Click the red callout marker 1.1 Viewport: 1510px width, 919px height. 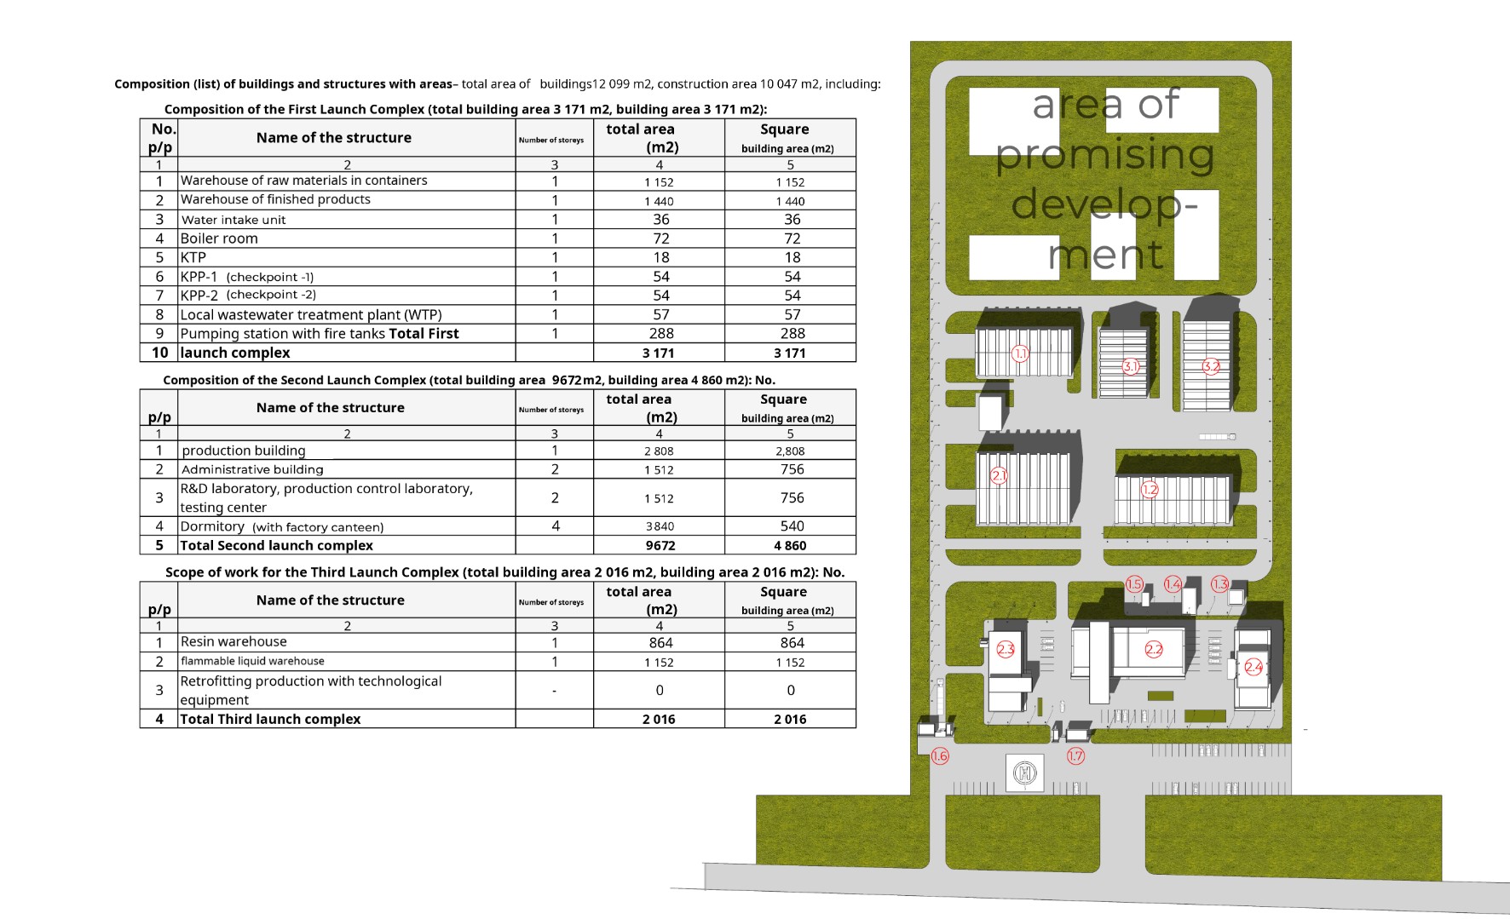1020,353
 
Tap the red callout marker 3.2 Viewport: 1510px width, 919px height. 1211,366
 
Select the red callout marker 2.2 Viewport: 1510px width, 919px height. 1154,649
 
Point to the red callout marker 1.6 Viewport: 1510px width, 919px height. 940,755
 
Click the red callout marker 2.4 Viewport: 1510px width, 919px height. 1254,667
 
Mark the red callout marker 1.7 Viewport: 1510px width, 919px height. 1076,755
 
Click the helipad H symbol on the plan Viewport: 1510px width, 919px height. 1025,773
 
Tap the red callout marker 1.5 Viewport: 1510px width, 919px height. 1134,584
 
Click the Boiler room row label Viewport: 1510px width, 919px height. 219,238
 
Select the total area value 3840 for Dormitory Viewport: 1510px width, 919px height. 660,526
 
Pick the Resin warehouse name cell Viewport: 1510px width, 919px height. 233,641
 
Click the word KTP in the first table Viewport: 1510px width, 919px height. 193,257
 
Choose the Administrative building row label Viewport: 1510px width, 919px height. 252,469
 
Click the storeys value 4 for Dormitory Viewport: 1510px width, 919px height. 556,526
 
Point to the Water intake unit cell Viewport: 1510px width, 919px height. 233,220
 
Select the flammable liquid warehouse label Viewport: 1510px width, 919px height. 252,661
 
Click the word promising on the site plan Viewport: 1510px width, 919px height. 1105,155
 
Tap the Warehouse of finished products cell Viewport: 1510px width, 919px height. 275,199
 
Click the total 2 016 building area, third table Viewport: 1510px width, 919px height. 790,720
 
